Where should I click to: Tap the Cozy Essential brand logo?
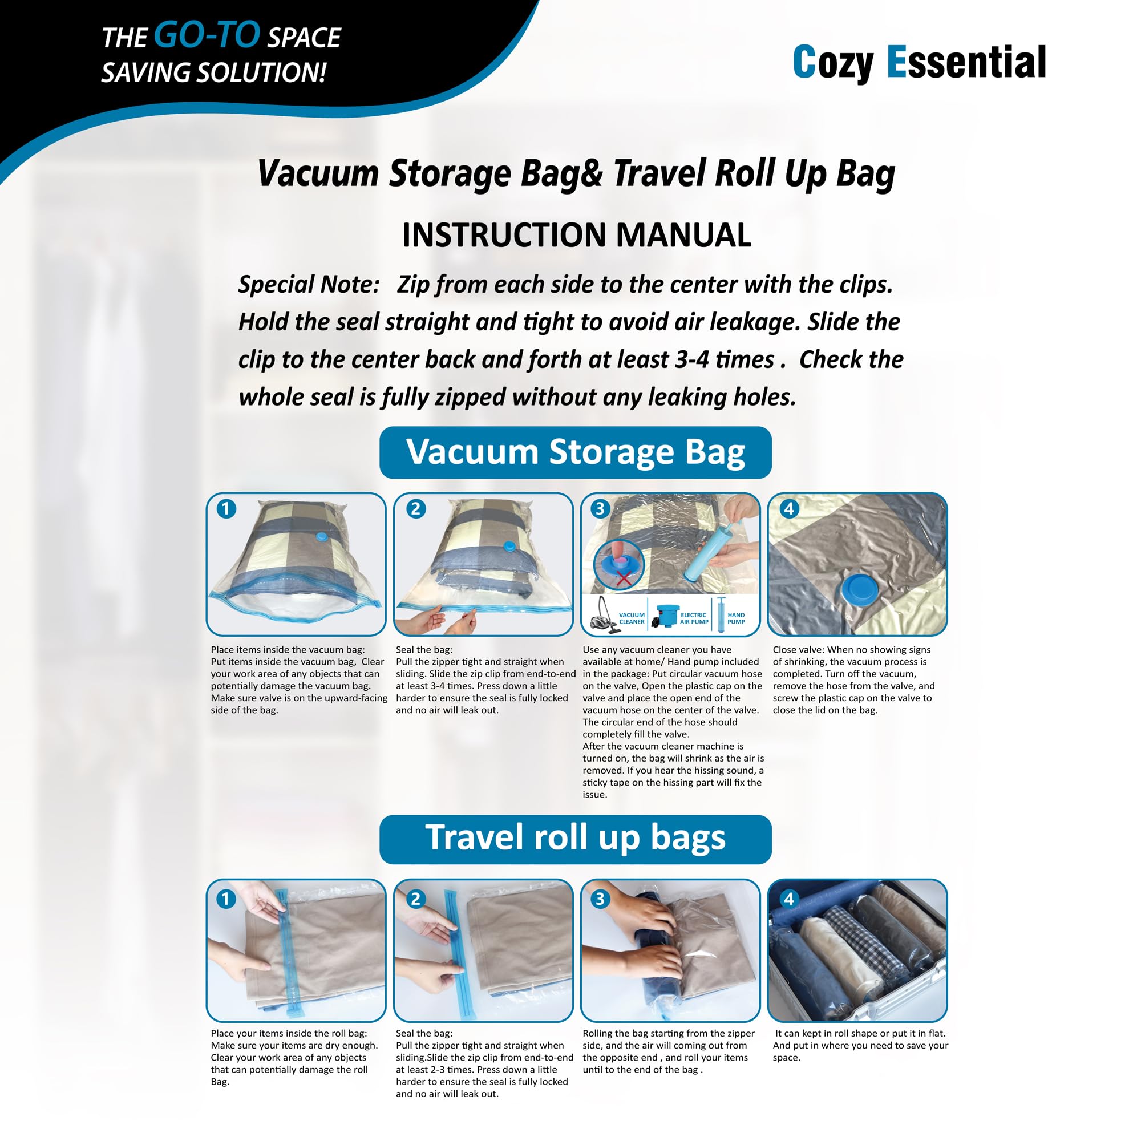coord(919,63)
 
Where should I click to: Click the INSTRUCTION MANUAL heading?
coord(576,235)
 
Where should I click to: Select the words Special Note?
coord(308,284)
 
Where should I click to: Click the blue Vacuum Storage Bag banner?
coord(575,452)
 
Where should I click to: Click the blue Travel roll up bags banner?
coord(575,839)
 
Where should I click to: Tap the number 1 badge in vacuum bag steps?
coord(226,508)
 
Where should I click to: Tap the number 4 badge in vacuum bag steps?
coord(788,508)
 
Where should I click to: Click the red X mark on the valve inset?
coord(624,578)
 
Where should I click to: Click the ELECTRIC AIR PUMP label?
coord(693,618)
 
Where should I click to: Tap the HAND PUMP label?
coord(736,618)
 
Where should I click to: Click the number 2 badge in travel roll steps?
coord(415,899)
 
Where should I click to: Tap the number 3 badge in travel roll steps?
coord(600,899)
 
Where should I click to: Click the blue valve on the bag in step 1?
coord(321,536)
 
